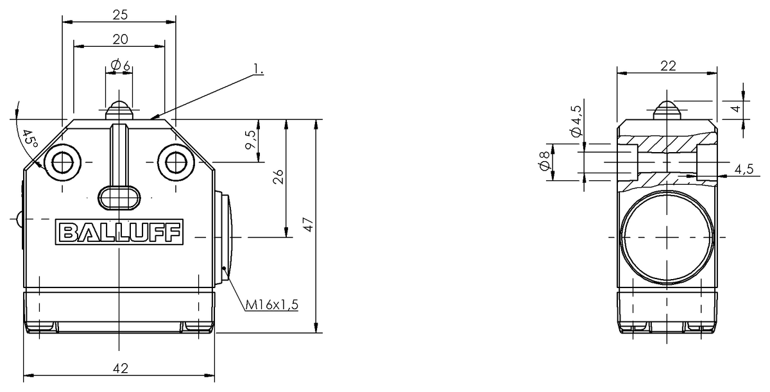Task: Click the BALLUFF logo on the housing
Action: (119, 232)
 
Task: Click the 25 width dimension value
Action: (121, 15)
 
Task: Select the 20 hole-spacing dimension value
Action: (121, 40)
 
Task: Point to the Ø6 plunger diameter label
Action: (121, 65)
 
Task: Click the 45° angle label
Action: (30, 139)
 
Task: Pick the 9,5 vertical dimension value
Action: (251, 140)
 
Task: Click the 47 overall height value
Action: (309, 225)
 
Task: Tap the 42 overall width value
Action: (121, 368)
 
